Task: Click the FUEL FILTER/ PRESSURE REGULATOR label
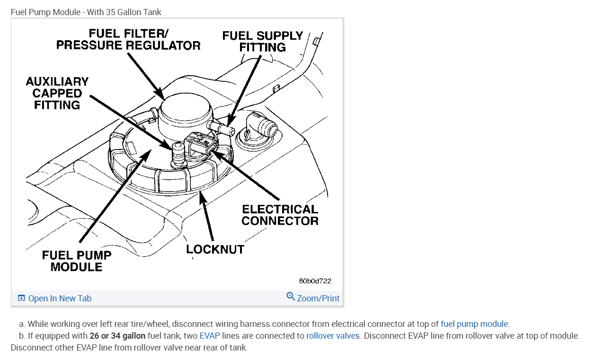[128, 39]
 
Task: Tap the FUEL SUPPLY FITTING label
[262, 42]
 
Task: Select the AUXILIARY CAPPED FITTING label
[57, 93]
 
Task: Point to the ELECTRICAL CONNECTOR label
[280, 215]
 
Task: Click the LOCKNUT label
[215, 249]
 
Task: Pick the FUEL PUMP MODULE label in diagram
[77, 261]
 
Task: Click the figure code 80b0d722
[315, 281]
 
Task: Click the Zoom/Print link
[318, 299]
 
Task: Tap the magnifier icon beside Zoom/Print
[291, 297]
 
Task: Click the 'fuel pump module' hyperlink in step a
[474, 324]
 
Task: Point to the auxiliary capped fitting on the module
[178, 154]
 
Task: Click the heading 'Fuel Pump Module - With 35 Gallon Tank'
[86, 12]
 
